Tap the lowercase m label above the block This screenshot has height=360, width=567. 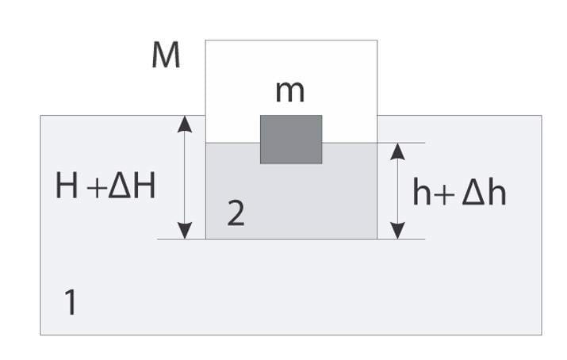pyautogui.click(x=289, y=91)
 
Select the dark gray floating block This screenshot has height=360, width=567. pyautogui.click(x=291, y=139)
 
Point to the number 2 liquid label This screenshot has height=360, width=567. pyautogui.click(x=236, y=214)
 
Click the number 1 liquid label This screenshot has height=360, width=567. pyautogui.click(x=71, y=302)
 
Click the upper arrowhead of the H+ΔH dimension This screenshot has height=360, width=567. pyautogui.click(x=185, y=123)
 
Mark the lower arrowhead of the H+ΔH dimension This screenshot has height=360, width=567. pyautogui.click(x=185, y=231)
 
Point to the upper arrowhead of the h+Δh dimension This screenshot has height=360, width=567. pyautogui.click(x=398, y=151)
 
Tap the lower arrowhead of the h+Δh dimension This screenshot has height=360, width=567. pyautogui.click(x=398, y=231)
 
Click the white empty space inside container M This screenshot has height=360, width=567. pyautogui.click(x=238, y=87)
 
